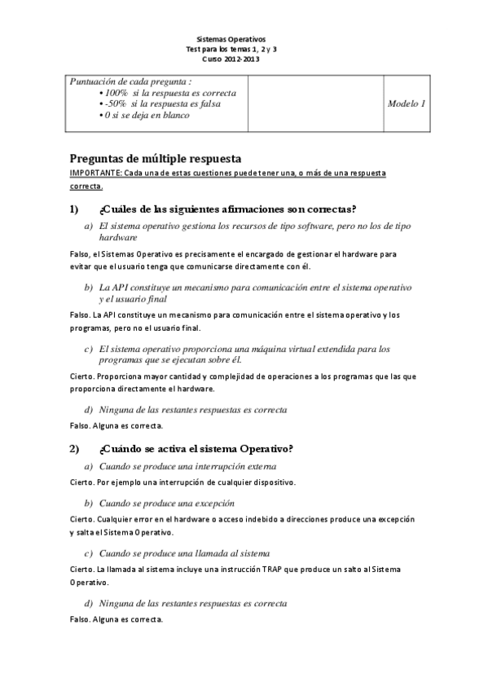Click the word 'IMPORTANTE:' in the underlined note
[x=97, y=174]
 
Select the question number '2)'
[x=74, y=447]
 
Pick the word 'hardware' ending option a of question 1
[x=118, y=237]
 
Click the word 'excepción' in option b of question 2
[x=213, y=503]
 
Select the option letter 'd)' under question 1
[x=90, y=409]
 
